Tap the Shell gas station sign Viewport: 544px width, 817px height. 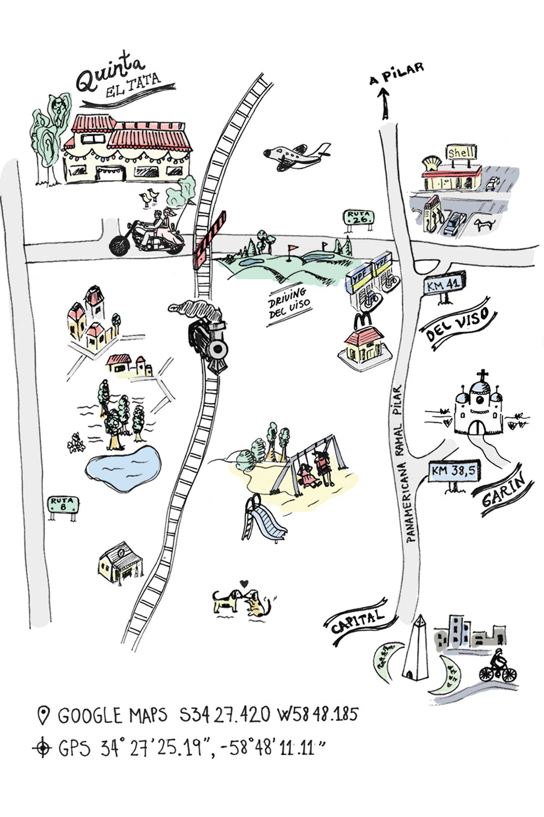pyautogui.click(x=462, y=153)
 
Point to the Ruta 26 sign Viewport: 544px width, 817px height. pyautogui.click(x=358, y=218)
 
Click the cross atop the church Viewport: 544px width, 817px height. pyautogui.click(x=481, y=376)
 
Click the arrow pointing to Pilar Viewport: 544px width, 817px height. pyautogui.click(x=382, y=102)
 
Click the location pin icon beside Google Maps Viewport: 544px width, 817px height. pyautogui.click(x=43, y=715)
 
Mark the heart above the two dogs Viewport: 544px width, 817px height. pyautogui.click(x=243, y=583)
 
